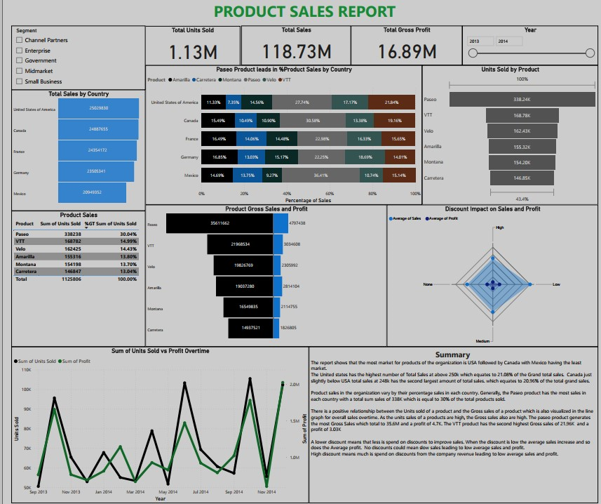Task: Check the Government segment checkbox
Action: point(18,61)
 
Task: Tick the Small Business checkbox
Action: point(18,82)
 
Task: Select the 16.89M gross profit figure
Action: point(407,52)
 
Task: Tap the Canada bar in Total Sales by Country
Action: point(98,130)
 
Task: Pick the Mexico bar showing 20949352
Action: point(92,192)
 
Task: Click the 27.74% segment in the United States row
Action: point(302,102)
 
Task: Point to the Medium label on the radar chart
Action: point(482,341)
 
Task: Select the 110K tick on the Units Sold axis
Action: point(26,369)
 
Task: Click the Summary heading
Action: point(452,354)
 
